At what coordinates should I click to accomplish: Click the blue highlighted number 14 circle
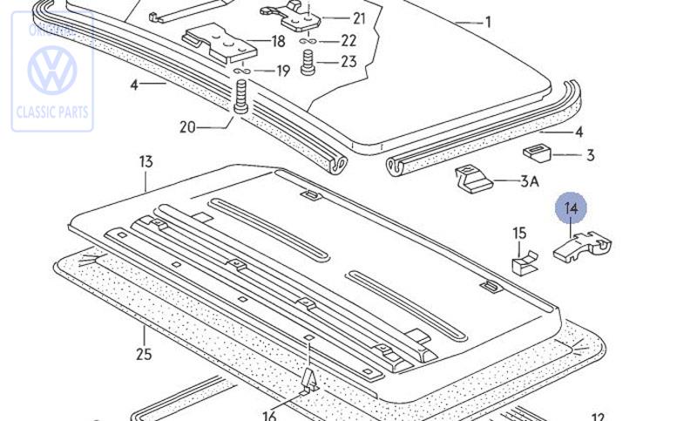click(572, 207)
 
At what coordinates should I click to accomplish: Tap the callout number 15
click(519, 233)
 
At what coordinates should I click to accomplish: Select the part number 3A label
click(530, 181)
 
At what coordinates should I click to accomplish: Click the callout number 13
click(145, 162)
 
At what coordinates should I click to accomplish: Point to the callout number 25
click(144, 354)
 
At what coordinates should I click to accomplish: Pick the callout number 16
click(269, 415)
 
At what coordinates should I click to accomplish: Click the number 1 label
click(488, 22)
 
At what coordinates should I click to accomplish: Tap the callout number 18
click(278, 41)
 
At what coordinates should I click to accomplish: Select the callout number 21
click(359, 18)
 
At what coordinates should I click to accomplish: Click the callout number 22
click(348, 40)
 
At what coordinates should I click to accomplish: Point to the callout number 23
click(348, 61)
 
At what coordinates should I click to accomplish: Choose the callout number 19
click(283, 71)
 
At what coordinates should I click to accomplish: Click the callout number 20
click(187, 127)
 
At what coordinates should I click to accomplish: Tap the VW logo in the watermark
click(52, 70)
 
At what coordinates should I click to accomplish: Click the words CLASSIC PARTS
click(52, 112)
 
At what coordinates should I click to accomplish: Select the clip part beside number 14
click(582, 248)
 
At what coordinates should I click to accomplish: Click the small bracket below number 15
click(523, 262)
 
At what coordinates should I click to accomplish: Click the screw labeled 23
click(307, 62)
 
